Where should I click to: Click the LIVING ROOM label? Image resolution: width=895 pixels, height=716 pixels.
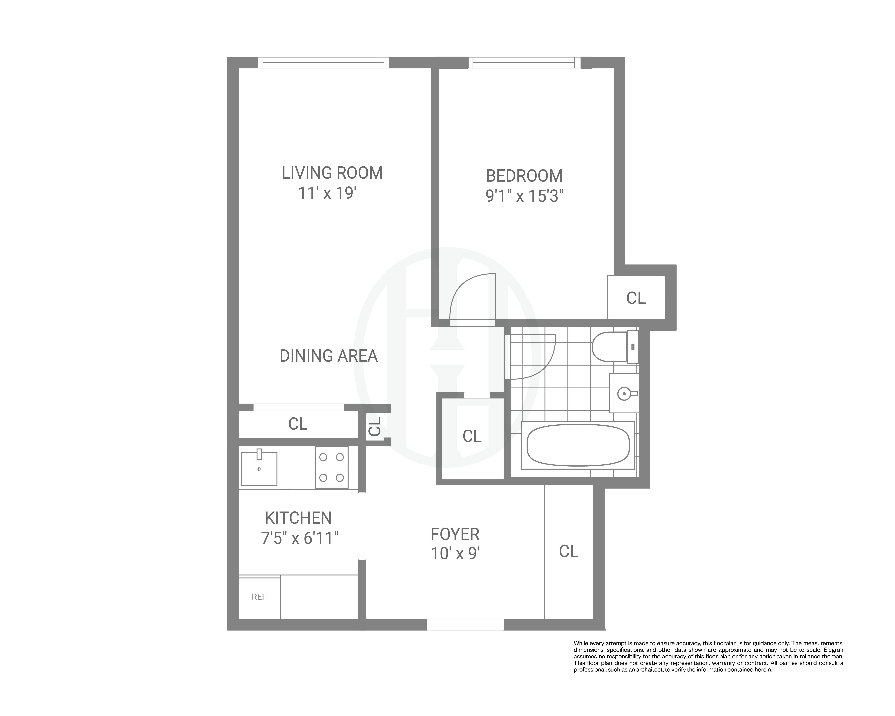click(332, 173)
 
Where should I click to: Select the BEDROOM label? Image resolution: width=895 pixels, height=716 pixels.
click(524, 176)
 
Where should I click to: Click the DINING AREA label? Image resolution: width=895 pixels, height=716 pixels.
click(328, 356)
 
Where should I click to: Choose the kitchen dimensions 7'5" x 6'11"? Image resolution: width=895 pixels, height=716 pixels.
click(300, 538)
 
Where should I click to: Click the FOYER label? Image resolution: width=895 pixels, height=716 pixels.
click(455, 534)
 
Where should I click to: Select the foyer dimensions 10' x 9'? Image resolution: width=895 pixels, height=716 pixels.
click(455, 554)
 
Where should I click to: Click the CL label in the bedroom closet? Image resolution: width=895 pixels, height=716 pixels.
click(636, 298)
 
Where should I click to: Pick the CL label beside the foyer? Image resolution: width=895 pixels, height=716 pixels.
click(568, 551)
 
